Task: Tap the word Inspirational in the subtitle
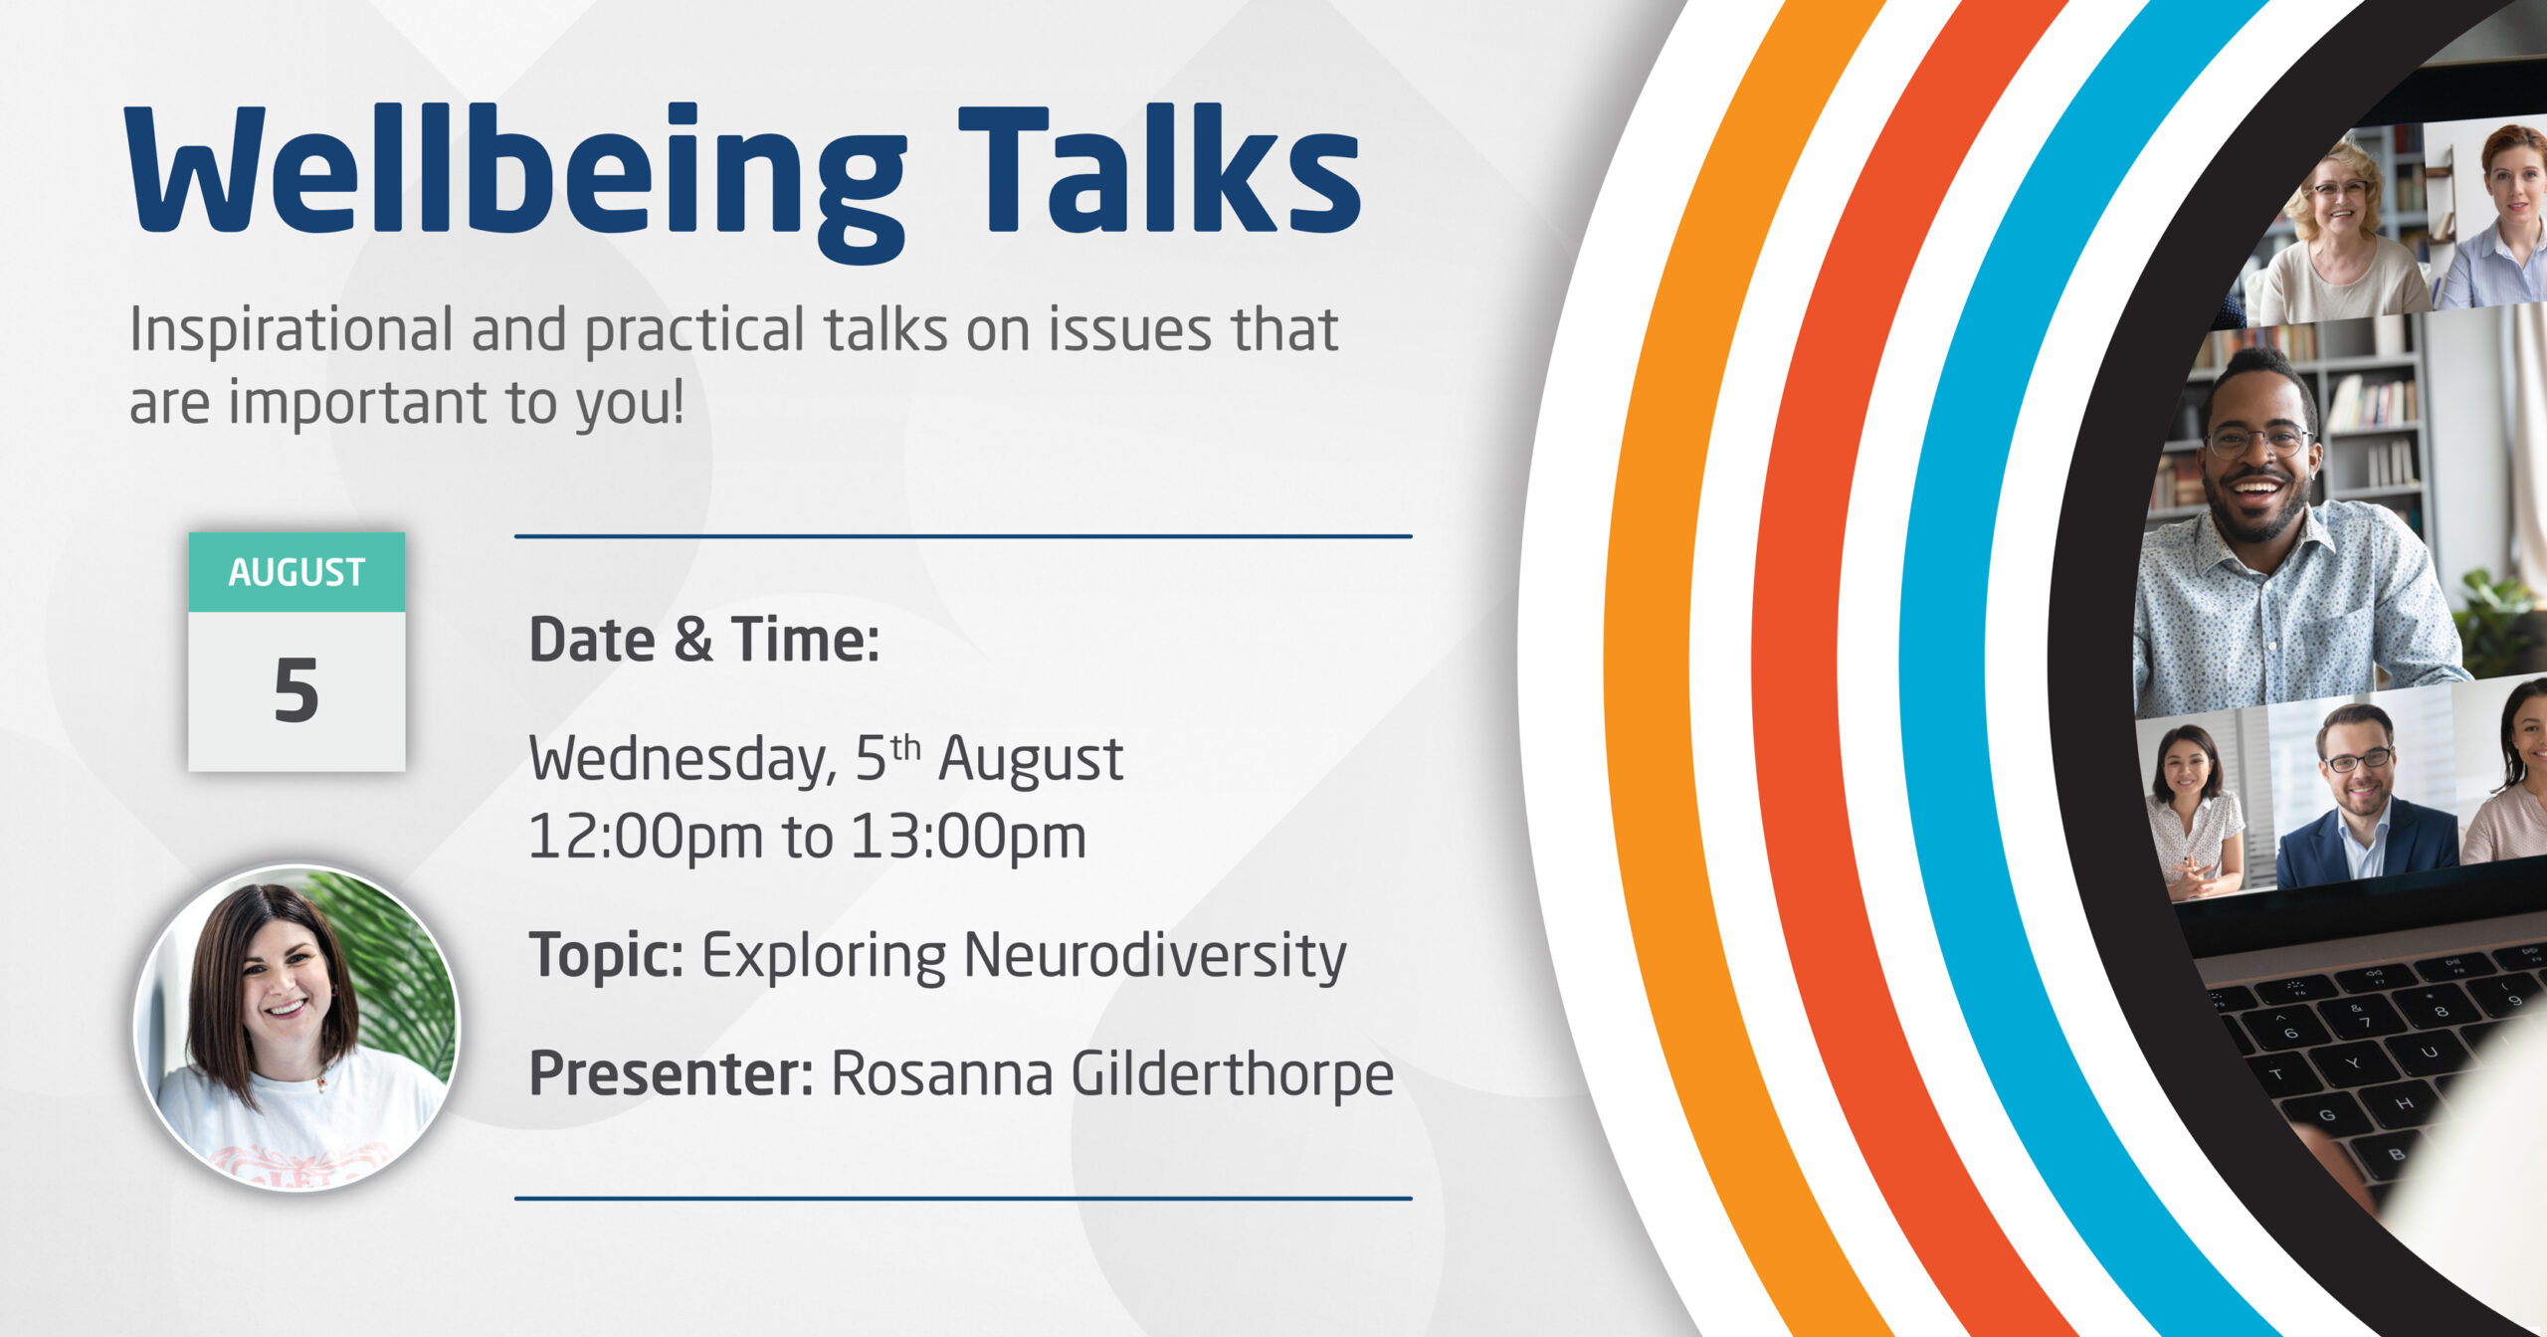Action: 292,330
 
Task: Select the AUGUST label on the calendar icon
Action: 296,573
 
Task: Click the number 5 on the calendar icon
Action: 296,690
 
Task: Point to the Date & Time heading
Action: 704,639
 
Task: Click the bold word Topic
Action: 606,957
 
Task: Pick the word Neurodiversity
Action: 1155,957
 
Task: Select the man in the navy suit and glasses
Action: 2360,796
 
